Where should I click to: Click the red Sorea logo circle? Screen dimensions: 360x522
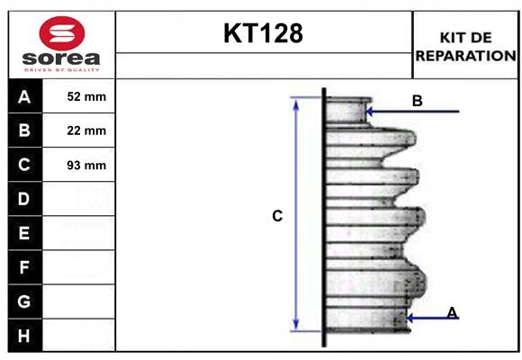[60, 33]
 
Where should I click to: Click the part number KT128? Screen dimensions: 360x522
[263, 33]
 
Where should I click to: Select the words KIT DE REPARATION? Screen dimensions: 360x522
[464, 46]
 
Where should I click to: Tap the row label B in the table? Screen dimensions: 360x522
[24, 130]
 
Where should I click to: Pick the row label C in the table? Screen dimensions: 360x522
[24, 165]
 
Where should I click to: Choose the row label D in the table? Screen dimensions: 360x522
[24, 199]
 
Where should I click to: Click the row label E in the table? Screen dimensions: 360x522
[24, 233]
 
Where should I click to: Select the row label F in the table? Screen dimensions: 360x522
[24, 267]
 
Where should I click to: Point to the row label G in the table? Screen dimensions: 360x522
[24, 301]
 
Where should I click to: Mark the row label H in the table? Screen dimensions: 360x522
[24, 336]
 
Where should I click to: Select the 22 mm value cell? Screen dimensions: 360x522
[86, 130]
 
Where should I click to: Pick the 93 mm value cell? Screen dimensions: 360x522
[86, 165]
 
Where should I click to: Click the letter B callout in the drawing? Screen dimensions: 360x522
[417, 101]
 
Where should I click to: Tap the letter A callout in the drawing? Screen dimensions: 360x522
[452, 312]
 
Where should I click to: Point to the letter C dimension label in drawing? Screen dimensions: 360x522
[277, 216]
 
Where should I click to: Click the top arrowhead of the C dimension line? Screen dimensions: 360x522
[295, 103]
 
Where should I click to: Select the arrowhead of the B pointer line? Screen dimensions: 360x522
[369, 112]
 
